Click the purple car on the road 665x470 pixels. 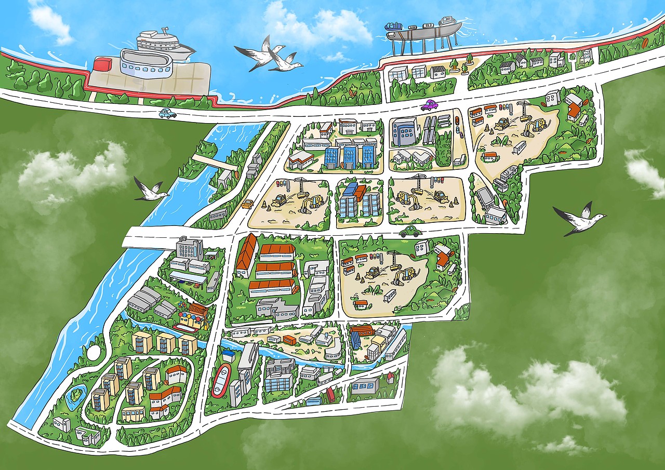(x=429, y=105)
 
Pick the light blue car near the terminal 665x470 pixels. (x=168, y=113)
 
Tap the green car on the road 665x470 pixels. (x=410, y=232)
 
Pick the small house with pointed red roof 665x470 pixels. (x=390, y=377)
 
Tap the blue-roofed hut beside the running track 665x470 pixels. (x=227, y=354)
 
